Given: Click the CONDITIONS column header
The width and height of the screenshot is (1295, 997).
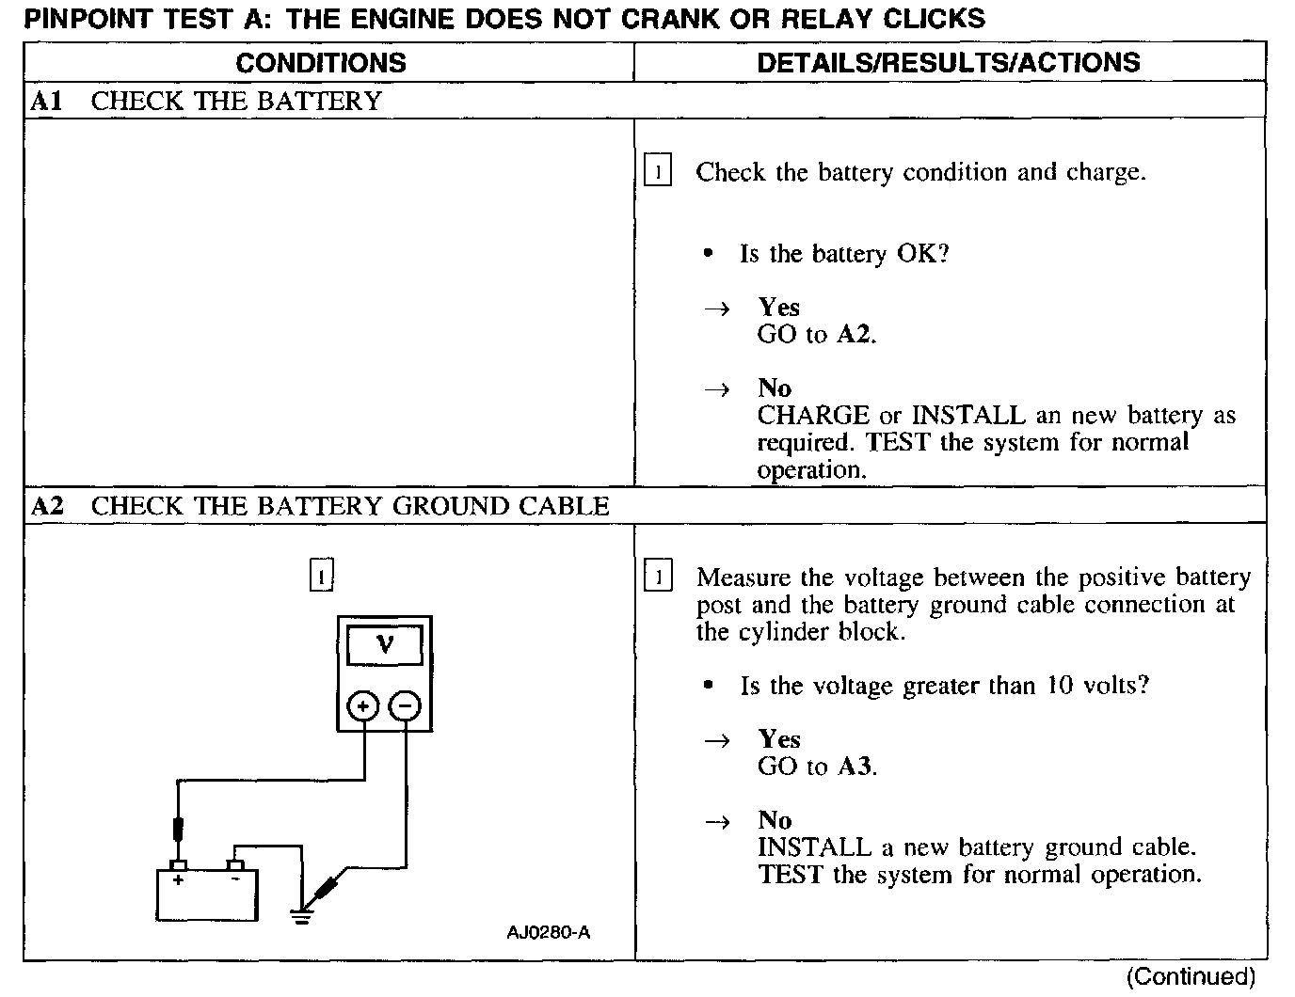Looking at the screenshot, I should (321, 63).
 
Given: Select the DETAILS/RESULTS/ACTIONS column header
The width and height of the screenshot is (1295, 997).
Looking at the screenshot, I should (949, 63).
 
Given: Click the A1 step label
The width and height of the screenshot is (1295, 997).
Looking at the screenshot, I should (46, 102).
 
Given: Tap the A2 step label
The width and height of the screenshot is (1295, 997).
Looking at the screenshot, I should (46, 507).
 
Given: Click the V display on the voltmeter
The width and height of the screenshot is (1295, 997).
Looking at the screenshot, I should (385, 644).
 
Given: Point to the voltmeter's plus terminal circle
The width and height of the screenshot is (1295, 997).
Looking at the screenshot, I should (364, 705).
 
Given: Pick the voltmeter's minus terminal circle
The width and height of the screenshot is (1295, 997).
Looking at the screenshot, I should (406, 705).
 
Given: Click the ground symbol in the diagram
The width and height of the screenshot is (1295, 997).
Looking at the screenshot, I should (301, 914).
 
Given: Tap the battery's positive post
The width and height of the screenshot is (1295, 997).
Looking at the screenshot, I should (178, 865).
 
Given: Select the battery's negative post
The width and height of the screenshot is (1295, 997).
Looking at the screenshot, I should (235, 865).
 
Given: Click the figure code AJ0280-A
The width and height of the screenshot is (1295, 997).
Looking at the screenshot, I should (549, 933).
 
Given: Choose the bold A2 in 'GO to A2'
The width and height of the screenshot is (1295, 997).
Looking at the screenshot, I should (854, 335).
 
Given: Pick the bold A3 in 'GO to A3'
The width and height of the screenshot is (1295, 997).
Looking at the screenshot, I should (855, 767).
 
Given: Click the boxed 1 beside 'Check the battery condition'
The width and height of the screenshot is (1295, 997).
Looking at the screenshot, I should (658, 172).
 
